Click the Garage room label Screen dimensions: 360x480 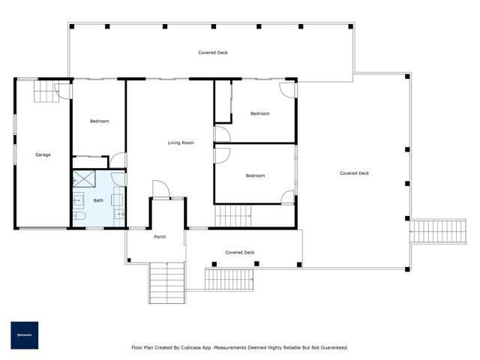[x=43, y=154]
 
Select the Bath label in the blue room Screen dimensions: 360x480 [x=98, y=200]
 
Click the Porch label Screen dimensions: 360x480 [x=160, y=237]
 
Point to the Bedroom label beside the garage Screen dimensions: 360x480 [x=99, y=121]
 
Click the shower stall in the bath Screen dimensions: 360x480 [x=83, y=180]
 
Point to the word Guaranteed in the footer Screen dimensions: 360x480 [x=331, y=347]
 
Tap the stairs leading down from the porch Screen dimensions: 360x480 [x=167, y=283]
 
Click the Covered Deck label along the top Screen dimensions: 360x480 [x=213, y=52]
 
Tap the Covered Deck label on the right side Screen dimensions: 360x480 [x=354, y=173]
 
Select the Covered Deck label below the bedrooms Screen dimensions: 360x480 [x=240, y=253]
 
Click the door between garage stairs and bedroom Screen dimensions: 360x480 [x=65, y=91]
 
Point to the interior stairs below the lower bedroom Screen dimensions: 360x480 [x=232, y=217]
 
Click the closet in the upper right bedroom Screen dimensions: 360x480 [x=223, y=103]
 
